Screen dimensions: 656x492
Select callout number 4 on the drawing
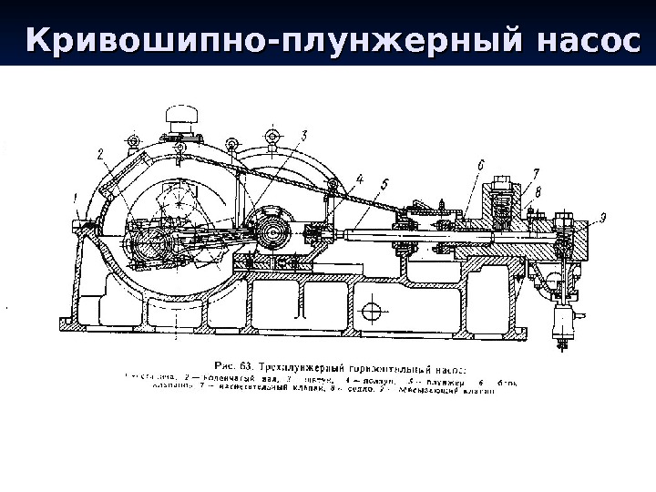coord(359,179)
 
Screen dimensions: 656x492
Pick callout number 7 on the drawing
coord(535,172)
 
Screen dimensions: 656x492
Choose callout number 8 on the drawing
coord(538,191)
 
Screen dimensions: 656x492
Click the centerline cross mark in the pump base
coord(369,312)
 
